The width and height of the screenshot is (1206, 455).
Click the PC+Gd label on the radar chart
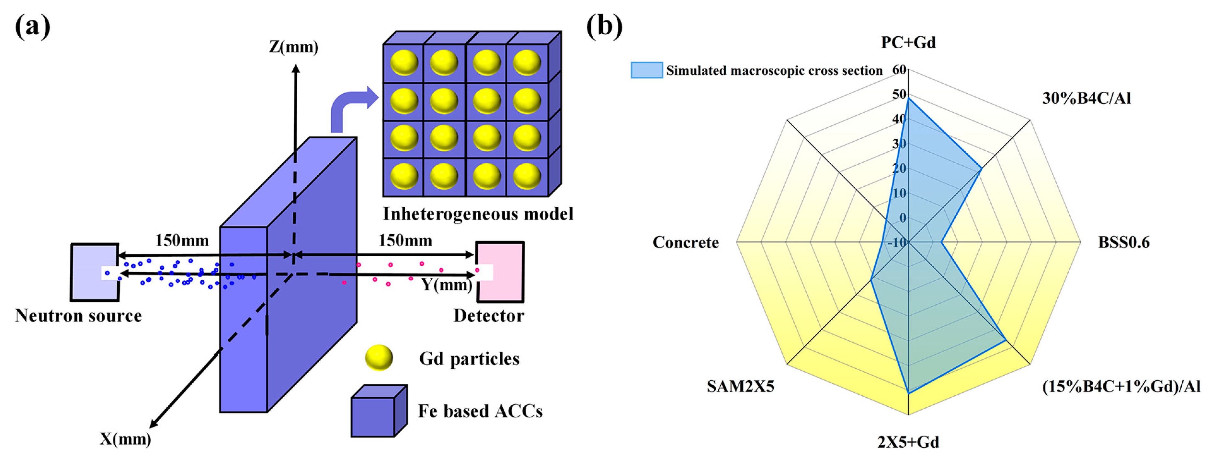(x=908, y=43)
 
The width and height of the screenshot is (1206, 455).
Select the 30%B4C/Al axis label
(x=1086, y=99)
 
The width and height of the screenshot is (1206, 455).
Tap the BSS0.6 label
(x=1124, y=242)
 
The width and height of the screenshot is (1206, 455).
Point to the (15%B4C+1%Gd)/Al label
(x=1121, y=387)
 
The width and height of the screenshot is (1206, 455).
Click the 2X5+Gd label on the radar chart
(x=908, y=442)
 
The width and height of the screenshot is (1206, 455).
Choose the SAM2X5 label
(x=741, y=387)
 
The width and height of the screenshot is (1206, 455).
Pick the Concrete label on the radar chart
(x=686, y=242)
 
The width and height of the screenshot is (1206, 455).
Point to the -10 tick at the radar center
(x=897, y=242)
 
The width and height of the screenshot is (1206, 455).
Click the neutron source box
(x=95, y=272)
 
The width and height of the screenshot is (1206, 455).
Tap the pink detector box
(x=500, y=272)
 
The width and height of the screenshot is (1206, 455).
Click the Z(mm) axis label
(x=293, y=47)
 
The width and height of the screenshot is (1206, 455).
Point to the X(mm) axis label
(x=125, y=439)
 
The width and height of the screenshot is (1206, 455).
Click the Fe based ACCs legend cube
(x=379, y=411)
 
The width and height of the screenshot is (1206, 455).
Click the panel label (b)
(x=604, y=27)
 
